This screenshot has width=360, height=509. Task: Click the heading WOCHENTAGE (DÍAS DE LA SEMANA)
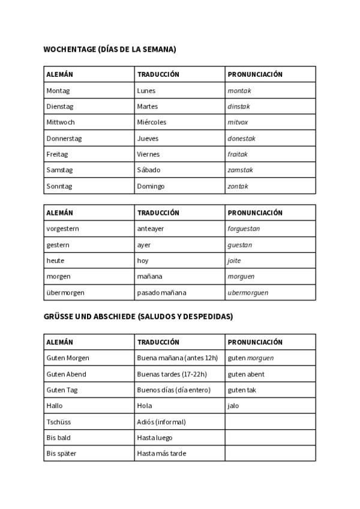coord(110,50)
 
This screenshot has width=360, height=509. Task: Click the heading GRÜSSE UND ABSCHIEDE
coord(139,316)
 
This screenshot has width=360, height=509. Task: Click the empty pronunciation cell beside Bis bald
coord(270,438)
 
